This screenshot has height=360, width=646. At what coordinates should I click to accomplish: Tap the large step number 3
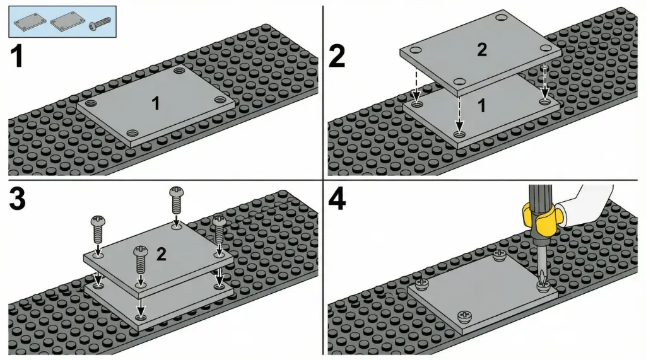click(17, 199)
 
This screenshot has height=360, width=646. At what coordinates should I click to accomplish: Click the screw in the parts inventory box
click(100, 23)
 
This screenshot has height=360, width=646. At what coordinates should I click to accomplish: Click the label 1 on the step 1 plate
click(156, 103)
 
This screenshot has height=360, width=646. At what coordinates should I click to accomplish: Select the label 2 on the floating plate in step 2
click(481, 50)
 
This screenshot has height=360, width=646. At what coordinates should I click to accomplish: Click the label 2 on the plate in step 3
click(161, 254)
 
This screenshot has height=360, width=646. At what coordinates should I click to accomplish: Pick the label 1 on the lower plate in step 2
click(481, 106)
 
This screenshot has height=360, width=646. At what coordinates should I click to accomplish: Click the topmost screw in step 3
click(177, 199)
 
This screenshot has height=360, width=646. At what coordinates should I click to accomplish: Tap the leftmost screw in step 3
click(98, 229)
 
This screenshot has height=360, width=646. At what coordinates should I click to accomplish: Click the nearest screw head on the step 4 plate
click(464, 316)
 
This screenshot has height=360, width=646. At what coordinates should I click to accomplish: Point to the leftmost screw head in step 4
click(422, 283)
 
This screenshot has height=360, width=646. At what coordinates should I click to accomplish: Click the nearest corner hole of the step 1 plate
click(132, 133)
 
